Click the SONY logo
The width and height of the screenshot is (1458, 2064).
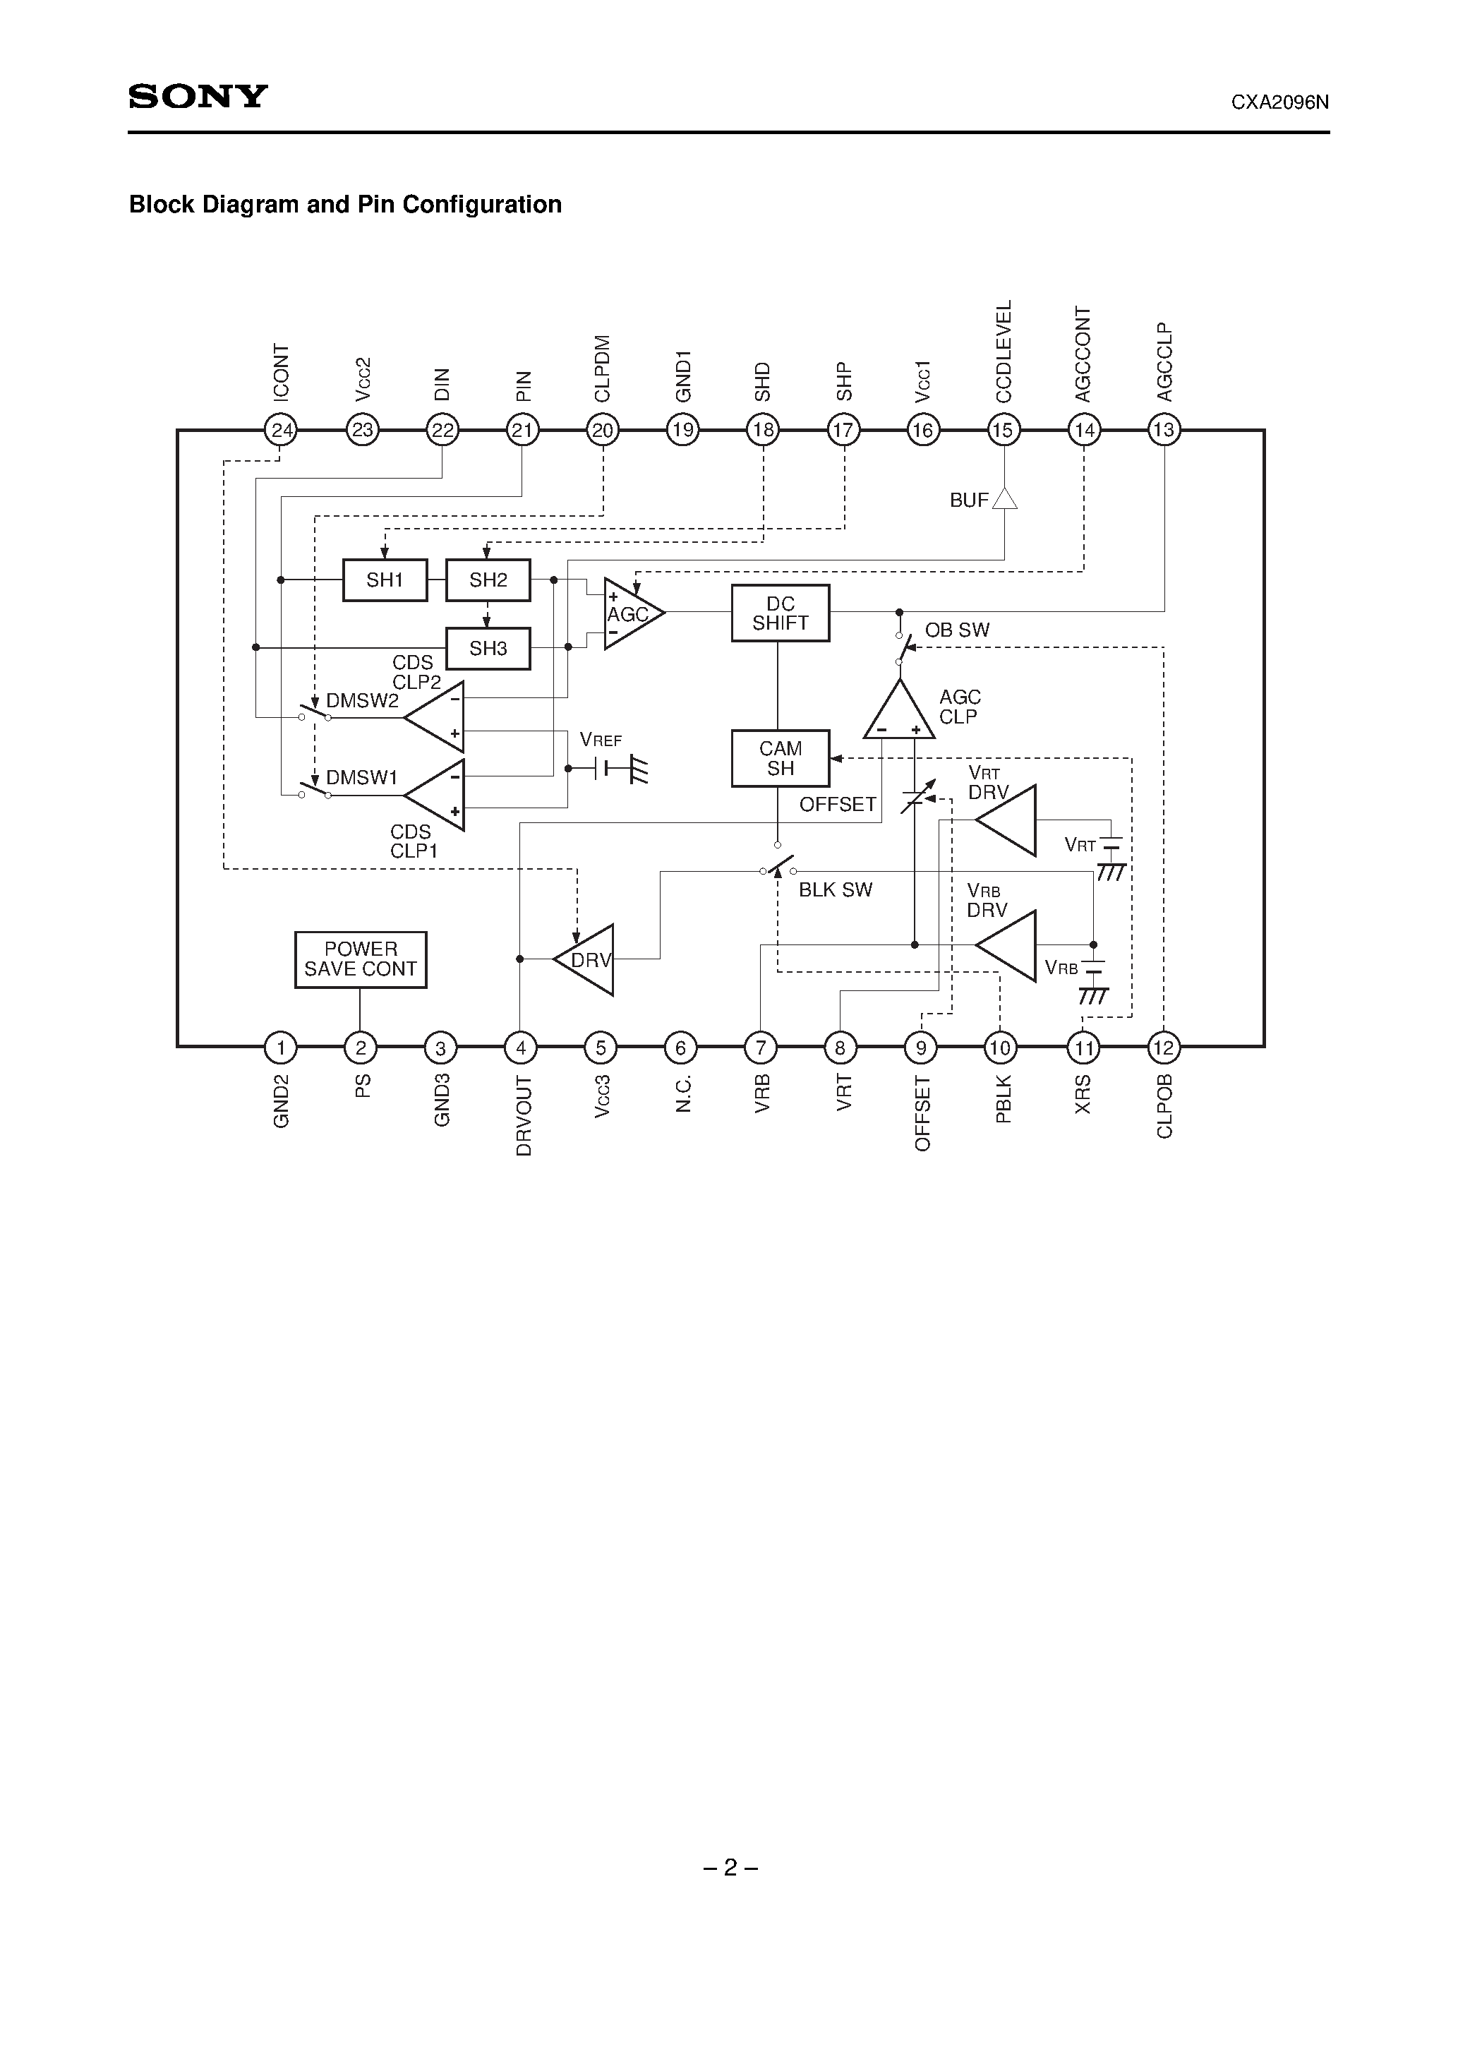(198, 96)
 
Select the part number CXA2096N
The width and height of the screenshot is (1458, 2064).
(1279, 102)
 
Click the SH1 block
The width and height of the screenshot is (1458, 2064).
(385, 580)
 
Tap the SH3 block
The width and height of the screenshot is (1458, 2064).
(488, 648)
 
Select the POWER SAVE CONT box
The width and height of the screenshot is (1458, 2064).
(361, 959)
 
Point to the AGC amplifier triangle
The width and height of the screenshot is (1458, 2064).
(631, 614)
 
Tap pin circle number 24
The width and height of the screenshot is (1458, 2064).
(282, 430)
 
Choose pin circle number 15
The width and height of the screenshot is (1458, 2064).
(1003, 430)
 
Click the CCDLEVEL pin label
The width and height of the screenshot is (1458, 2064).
(1003, 351)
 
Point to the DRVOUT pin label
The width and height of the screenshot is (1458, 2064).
(523, 1115)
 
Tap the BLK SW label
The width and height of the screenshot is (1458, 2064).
(835, 890)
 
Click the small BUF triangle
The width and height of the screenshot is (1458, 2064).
(1004, 498)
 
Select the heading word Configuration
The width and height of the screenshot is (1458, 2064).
(482, 205)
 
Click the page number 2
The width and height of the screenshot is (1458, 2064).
(730, 1868)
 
